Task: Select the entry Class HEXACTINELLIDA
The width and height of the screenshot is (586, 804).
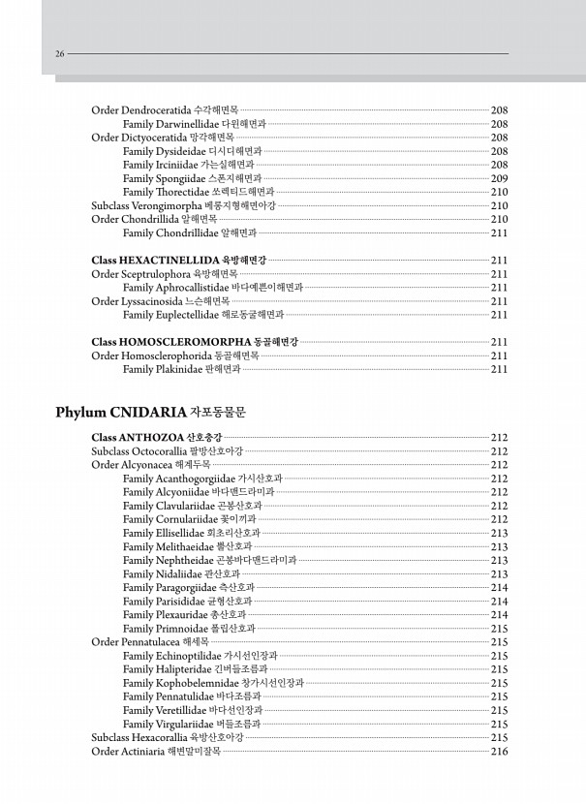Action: pyautogui.click(x=178, y=261)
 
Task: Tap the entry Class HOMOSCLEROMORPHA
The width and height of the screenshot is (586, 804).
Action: pyautogui.click(x=194, y=342)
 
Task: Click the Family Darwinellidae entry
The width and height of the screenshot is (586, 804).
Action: pyautogui.click(x=194, y=124)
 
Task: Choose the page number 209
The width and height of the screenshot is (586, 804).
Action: pyautogui.click(x=500, y=178)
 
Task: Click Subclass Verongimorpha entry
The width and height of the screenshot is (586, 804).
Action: pyautogui.click(x=183, y=205)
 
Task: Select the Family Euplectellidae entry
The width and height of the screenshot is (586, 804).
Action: pyautogui.click(x=203, y=315)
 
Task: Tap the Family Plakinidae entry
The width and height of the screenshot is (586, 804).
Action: pyautogui.click(x=181, y=369)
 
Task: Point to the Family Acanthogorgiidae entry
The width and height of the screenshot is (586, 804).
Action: pyautogui.click(x=202, y=479)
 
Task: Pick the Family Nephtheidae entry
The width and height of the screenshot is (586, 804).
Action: pyautogui.click(x=209, y=560)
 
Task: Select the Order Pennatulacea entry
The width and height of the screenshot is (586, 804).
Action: pyautogui.click(x=156, y=642)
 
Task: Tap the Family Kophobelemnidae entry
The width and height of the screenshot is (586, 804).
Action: pyautogui.click(x=213, y=683)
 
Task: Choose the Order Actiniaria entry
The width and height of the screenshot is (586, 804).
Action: pyautogui.click(x=155, y=751)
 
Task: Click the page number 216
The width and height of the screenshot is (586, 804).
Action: pyautogui.click(x=500, y=751)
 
